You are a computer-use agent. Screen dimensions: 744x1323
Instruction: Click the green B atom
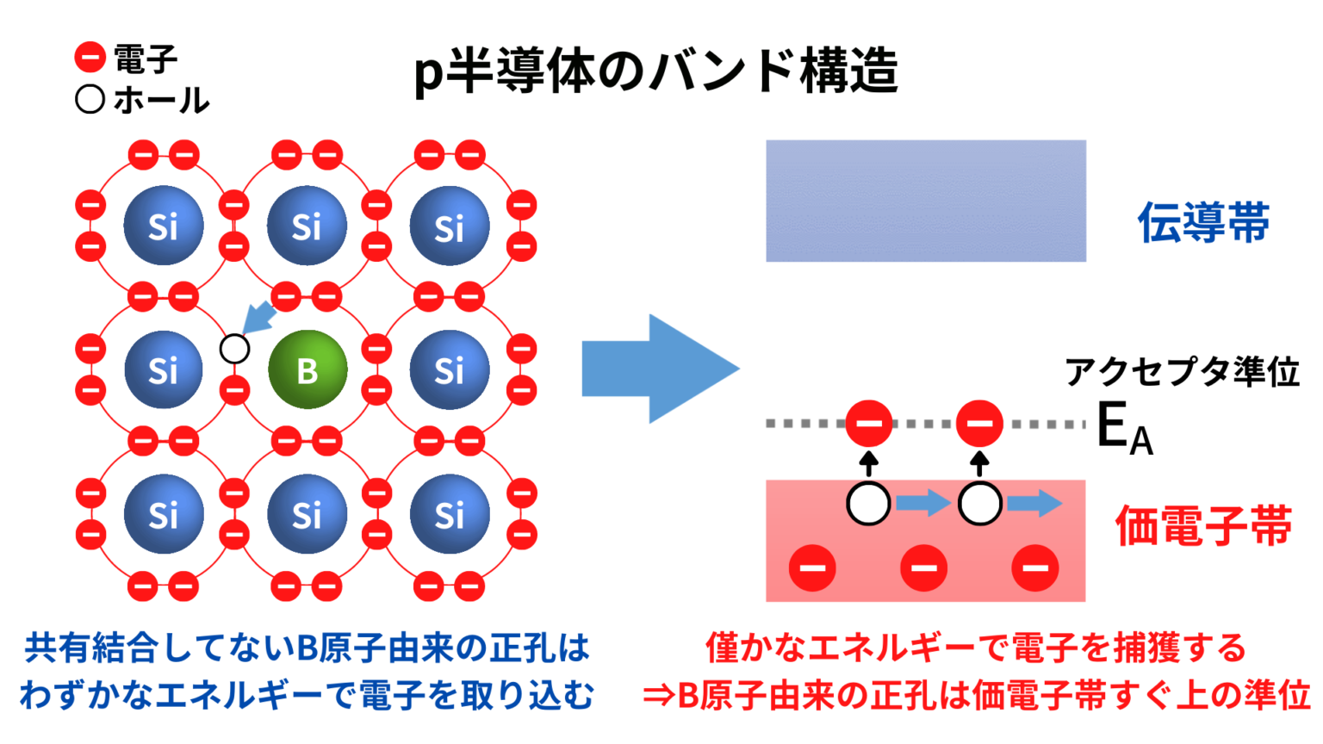click(x=307, y=369)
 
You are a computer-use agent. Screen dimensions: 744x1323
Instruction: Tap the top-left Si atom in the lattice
click(x=164, y=226)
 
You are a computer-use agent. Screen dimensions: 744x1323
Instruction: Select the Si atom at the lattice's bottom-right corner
click(x=449, y=514)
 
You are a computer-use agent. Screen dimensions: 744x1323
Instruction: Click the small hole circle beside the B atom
click(x=234, y=349)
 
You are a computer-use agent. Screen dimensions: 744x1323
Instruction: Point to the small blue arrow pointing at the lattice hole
click(x=258, y=318)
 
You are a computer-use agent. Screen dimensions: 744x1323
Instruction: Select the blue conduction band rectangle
click(x=925, y=201)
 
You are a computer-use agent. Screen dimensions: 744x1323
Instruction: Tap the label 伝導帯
click(x=1203, y=222)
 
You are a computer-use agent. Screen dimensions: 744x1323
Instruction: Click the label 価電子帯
click(x=1203, y=525)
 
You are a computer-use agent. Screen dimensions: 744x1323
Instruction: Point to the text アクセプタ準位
click(x=1182, y=372)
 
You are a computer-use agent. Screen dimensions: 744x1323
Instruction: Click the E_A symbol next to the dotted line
click(x=1123, y=428)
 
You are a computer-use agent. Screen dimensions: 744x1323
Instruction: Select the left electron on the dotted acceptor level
click(x=868, y=423)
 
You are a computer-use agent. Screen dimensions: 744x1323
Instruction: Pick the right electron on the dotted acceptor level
click(x=979, y=423)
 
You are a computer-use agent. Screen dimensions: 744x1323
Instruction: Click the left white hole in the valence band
click(x=868, y=504)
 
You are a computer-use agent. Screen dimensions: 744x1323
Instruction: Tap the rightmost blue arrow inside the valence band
click(x=1034, y=503)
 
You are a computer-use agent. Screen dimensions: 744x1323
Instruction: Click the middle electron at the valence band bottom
click(x=923, y=567)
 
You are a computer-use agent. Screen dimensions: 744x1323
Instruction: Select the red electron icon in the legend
click(x=90, y=58)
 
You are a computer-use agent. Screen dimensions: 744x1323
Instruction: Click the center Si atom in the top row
click(x=307, y=226)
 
